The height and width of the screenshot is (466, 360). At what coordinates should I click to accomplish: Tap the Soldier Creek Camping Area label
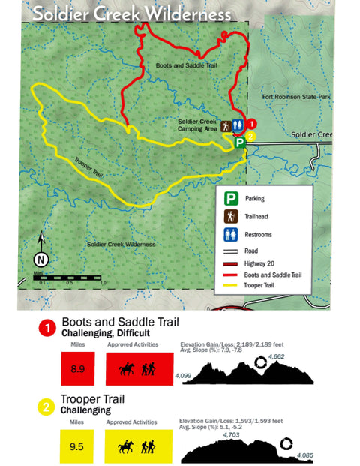click(x=197, y=125)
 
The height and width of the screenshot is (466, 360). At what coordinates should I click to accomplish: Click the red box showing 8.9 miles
click(x=77, y=369)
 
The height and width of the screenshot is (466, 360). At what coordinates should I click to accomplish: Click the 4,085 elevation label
click(x=306, y=455)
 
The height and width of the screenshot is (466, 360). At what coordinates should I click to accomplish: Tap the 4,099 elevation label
click(x=182, y=374)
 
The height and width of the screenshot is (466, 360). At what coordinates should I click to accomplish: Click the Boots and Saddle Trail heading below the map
click(x=120, y=323)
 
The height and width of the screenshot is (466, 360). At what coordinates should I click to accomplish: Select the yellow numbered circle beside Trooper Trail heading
click(x=46, y=407)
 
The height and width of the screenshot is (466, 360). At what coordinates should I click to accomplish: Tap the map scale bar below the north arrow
click(x=71, y=278)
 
